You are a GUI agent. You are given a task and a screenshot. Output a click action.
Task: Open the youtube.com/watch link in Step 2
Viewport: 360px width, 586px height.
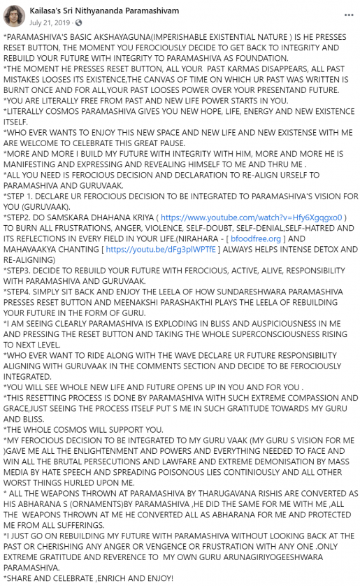click(x=251, y=217)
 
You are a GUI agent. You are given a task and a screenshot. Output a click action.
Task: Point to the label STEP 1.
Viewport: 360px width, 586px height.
click(x=22, y=196)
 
